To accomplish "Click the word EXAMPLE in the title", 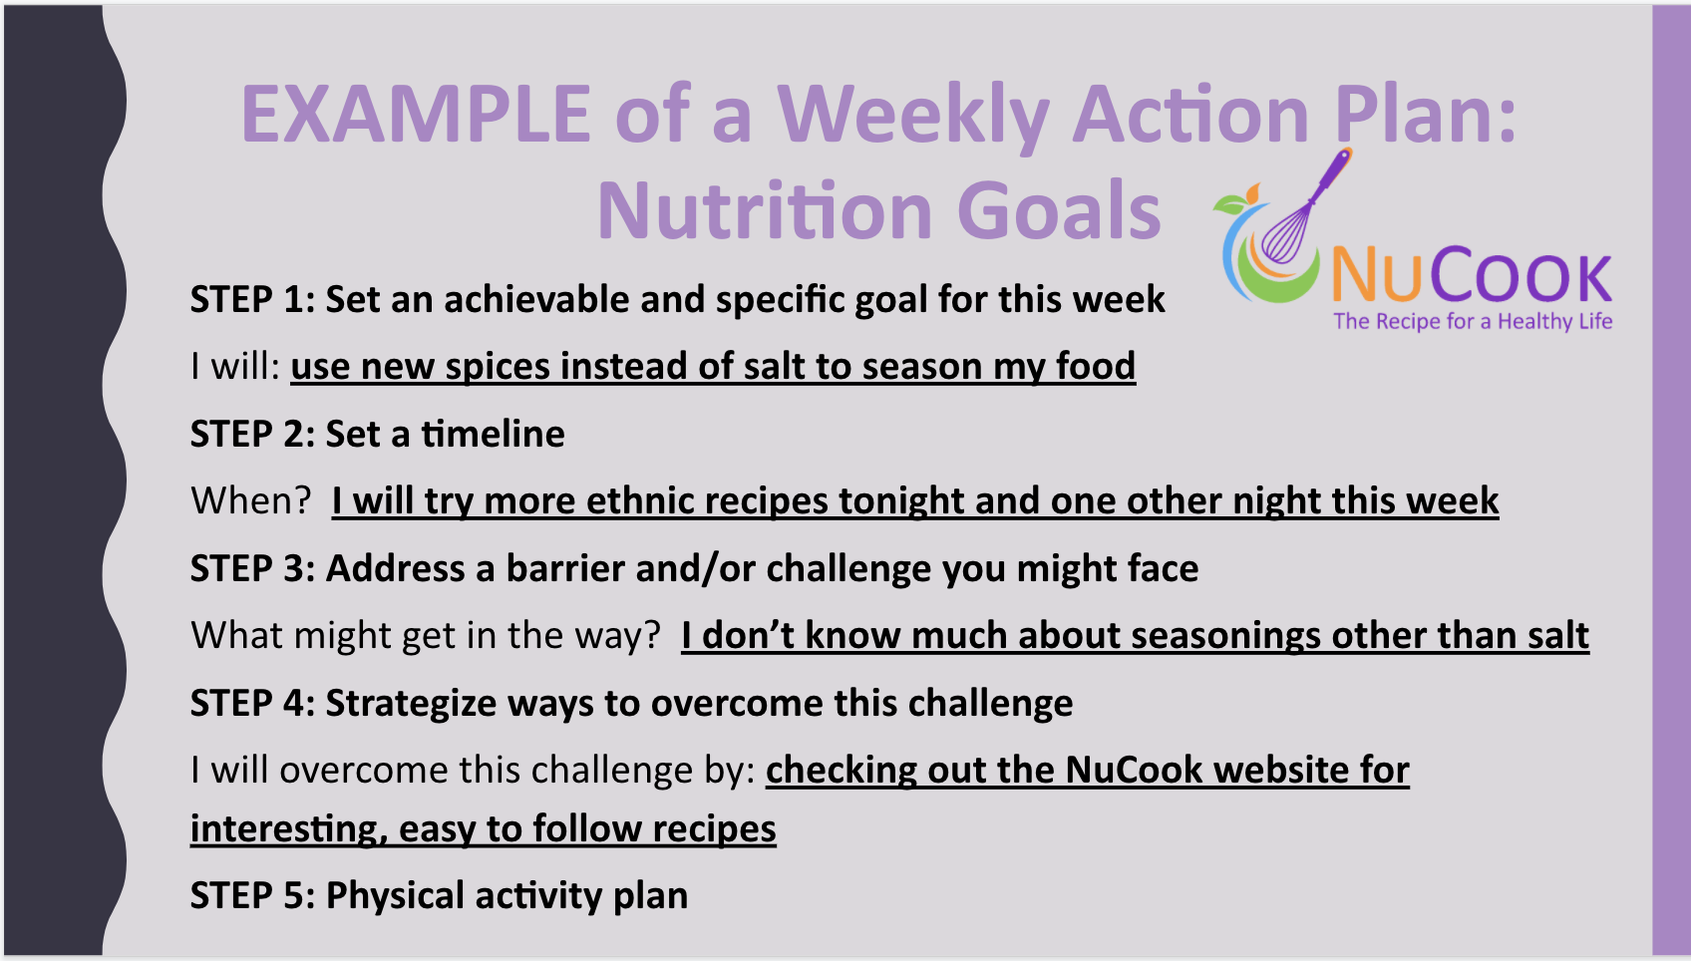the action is click(415, 114).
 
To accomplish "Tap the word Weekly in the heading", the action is click(914, 117).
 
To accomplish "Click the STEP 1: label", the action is click(253, 299).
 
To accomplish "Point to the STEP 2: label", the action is click(253, 434).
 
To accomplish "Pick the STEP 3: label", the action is click(253, 567).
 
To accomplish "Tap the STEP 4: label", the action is click(253, 703).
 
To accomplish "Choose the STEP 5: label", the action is click(253, 895).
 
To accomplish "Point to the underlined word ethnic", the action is click(631, 500).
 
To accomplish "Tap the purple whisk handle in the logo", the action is click(1332, 173).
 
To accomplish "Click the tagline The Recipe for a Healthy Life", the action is click(1473, 322).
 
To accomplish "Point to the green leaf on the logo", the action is click(1230, 203).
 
